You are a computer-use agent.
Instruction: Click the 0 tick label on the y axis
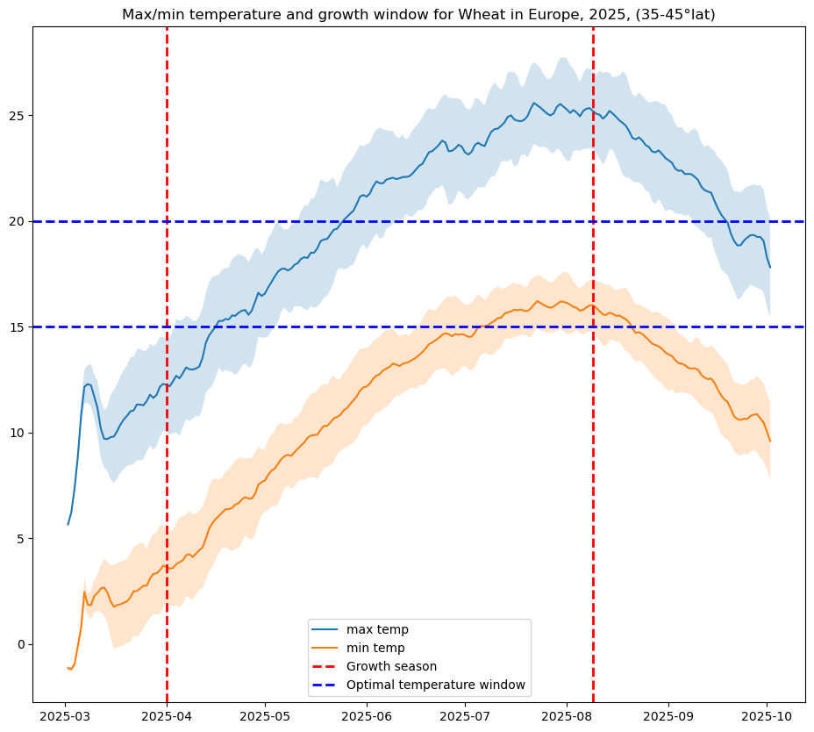[x=23, y=644]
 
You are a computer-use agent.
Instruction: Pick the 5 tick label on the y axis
[x=23, y=539]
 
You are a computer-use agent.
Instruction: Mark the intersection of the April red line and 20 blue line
[x=167, y=221]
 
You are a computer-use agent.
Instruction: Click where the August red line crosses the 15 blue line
[x=593, y=327]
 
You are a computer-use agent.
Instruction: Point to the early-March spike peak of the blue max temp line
[x=88, y=384]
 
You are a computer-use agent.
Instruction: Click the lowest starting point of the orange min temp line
[x=71, y=670]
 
